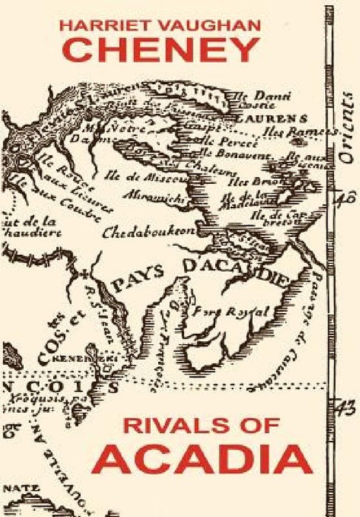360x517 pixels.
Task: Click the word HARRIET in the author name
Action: [100, 26]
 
